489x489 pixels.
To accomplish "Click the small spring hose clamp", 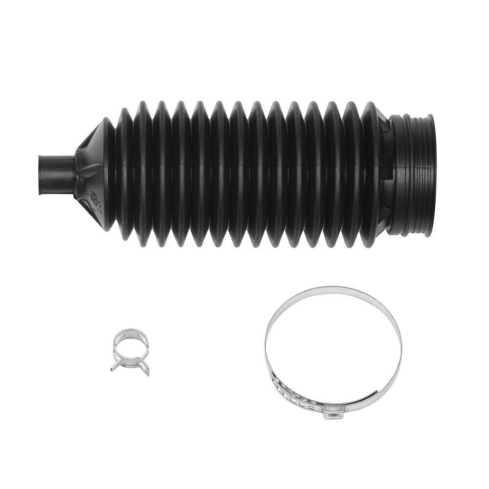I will point(130,350).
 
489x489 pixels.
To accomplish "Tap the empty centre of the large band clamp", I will point(333,347).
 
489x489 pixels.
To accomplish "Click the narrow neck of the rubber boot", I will point(56,175).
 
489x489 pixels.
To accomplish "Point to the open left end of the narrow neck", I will point(40,175).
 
